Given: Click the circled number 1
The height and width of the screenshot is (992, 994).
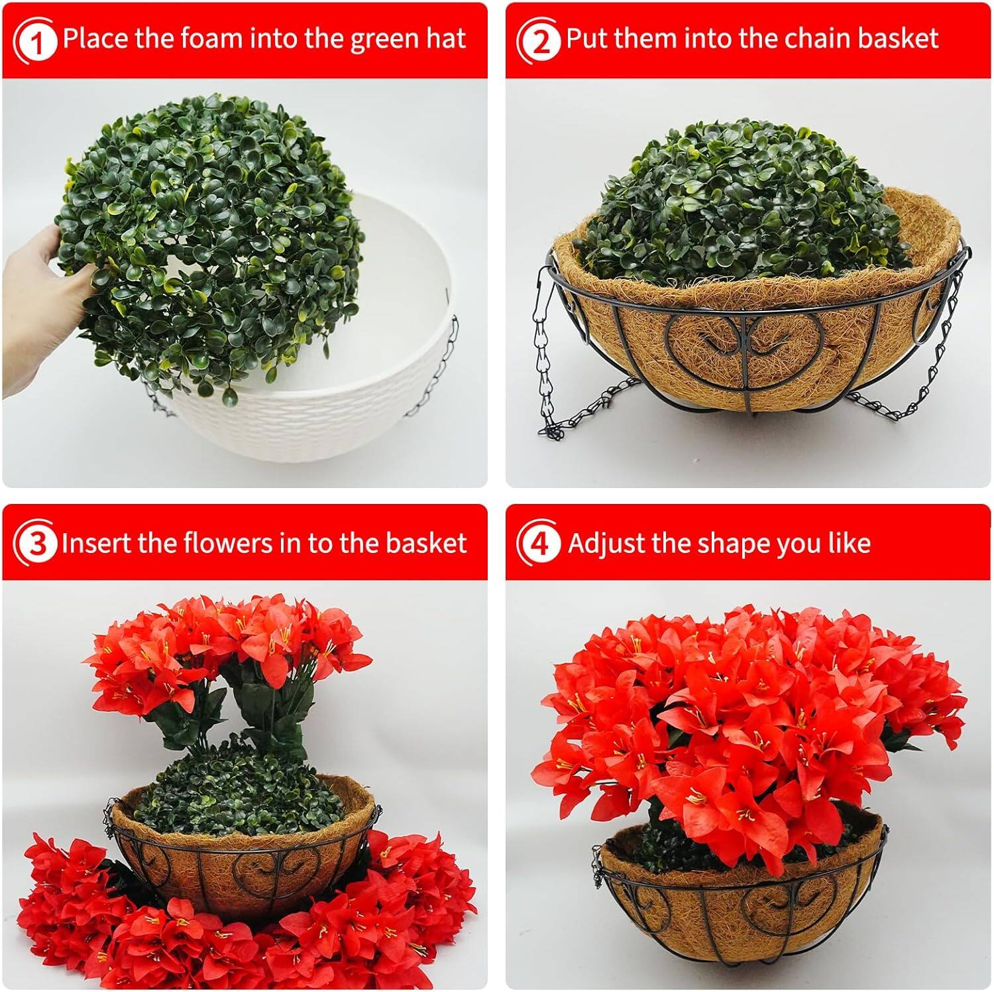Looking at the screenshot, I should (37, 41).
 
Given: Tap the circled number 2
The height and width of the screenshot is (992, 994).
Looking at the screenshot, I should (541, 41).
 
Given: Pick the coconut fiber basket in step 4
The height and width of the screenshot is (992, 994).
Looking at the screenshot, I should (742, 915).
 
